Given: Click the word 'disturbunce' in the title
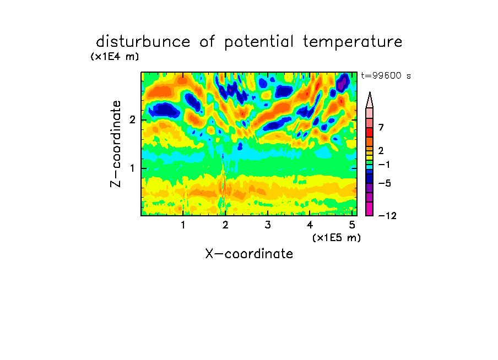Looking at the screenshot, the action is click(143, 42).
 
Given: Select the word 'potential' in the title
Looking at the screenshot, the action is click(259, 42).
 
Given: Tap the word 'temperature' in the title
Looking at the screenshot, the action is click(353, 42).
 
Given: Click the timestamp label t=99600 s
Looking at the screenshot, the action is click(386, 75).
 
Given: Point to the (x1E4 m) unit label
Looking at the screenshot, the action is click(115, 57).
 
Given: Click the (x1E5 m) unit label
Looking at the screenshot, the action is click(337, 237).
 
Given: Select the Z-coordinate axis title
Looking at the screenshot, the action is click(115, 144).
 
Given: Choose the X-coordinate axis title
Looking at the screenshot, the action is click(249, 254).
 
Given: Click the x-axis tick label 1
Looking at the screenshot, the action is click(183, 225).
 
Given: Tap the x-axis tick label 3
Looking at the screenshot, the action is click(268, 225).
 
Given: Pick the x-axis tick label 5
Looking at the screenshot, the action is click(352, 225).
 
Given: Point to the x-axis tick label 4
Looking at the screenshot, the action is click(310, 225).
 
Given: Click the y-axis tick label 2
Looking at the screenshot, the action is click(132, 120).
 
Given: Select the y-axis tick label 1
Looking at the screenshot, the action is click(132, 168).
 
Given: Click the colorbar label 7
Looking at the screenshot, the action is click(381, 127).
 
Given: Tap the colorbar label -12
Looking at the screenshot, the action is click(387, 216).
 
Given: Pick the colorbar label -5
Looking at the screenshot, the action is click(385, 183).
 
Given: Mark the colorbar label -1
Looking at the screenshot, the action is click(384, 165).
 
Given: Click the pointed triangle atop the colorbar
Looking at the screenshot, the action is click(370, 100).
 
